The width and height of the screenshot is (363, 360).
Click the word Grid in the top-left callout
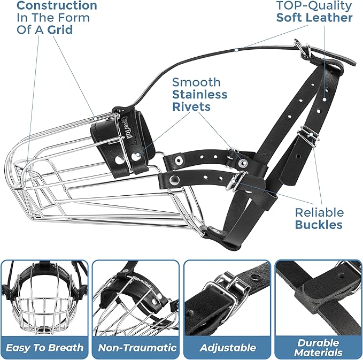point(60,30)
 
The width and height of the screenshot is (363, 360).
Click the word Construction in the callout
point(57,6)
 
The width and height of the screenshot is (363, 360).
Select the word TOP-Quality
point(314,6)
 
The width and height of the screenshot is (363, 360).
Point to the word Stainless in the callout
point(199,94)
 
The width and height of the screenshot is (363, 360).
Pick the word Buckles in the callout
point(319,224)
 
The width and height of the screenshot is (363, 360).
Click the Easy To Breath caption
point(45,347)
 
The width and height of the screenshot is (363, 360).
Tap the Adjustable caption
point(227,347)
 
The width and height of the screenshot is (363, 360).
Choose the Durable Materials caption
point(319,347)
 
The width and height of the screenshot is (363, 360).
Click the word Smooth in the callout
point(196,82)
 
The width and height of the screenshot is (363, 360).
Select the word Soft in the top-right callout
point(291,18)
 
